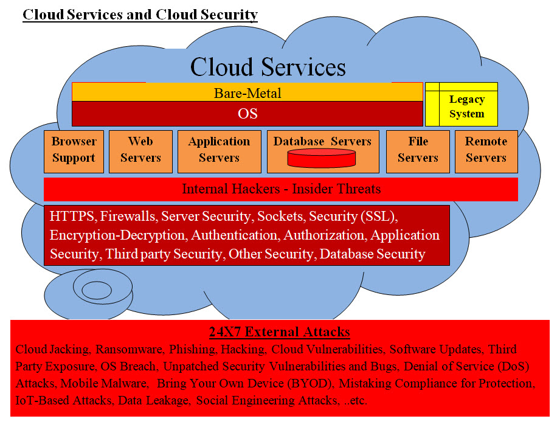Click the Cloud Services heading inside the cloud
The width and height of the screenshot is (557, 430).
coord(268,66)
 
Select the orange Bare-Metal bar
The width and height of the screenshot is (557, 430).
coord(247,93)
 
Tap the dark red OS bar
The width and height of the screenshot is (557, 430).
coord(247,114)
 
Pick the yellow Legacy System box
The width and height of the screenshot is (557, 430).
coord(466,106)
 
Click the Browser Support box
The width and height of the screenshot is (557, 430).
coord(74,150)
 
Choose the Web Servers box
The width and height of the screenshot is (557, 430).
coord(140,150)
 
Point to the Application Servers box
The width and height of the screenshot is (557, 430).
coord(219,150)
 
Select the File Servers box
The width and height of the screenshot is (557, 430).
coord(418,150)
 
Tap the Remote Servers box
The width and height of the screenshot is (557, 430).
coord(486,150)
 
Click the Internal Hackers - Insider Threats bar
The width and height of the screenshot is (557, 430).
coord(281,189)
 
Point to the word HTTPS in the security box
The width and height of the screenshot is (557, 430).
coord(72,216)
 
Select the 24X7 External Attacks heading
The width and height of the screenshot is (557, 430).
coord(279,332)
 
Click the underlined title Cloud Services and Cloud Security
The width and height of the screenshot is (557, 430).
coord(140,14)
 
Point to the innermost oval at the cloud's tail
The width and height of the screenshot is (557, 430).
coord(96,290)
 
